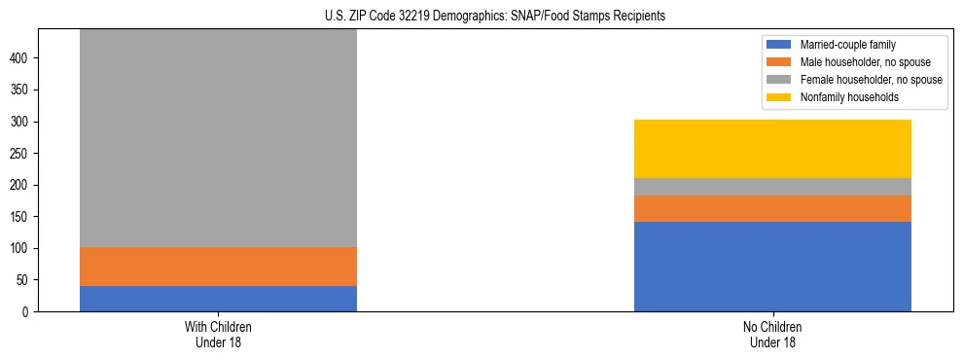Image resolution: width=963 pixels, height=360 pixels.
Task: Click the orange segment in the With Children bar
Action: (218, 267)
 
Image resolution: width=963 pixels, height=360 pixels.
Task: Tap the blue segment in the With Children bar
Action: (218, 299)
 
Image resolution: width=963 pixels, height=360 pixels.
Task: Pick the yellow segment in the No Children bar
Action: (772, 149)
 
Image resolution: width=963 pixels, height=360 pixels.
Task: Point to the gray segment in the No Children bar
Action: (772, 187)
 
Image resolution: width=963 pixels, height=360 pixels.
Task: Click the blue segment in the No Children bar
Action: (772, 267)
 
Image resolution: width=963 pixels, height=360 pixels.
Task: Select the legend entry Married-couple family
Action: (847, 45)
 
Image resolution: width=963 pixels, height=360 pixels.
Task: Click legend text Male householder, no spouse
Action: (865, 62)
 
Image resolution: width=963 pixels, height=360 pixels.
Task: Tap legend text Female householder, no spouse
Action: (871, 80)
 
